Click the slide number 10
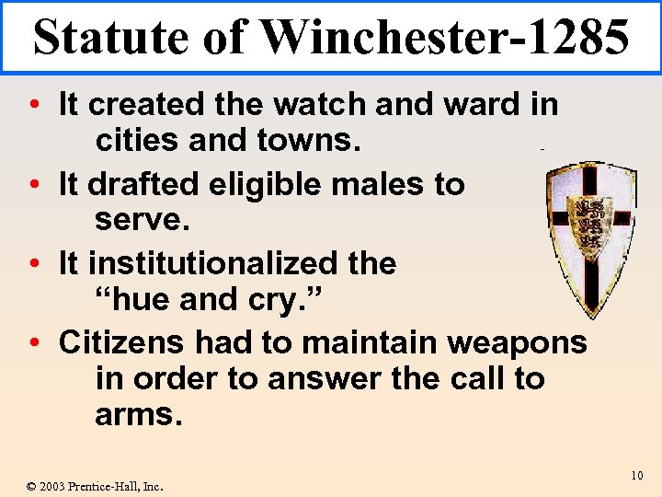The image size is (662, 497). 637,476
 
